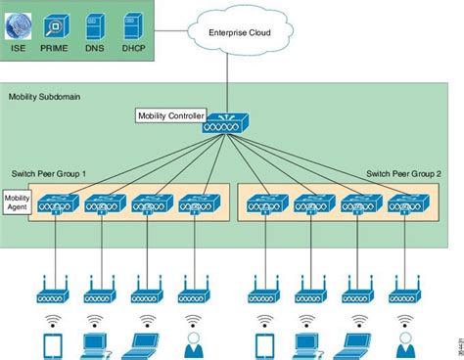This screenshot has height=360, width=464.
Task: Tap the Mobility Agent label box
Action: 18,202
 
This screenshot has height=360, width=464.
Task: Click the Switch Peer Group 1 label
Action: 49,173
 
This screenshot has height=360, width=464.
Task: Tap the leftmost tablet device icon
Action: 52,343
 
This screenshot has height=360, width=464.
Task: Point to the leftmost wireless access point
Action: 52,291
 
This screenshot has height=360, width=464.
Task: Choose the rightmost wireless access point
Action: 403,291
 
